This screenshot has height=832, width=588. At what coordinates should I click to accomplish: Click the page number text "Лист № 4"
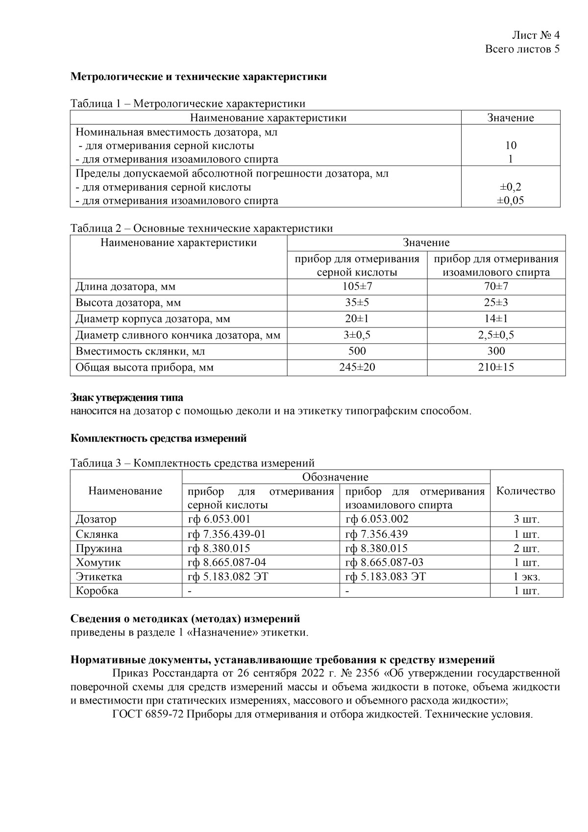pyautogui.click(x=536, y=35)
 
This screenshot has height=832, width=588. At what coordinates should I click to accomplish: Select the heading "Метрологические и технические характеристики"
pyautogui.click(x=198, y=77)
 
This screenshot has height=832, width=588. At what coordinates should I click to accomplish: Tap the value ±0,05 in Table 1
pyautogui.click(x=511, y=201)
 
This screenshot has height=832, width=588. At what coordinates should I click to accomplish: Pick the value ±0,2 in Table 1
pyautogui.click(x=511, y=187)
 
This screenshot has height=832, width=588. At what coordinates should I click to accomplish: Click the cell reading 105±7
pyautogui.click(x=357, y=286)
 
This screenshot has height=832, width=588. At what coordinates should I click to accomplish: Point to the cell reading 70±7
pyautogui.click(x=496, y=286)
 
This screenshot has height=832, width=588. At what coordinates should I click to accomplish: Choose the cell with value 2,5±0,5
pyautogui.click(x=496, y=335)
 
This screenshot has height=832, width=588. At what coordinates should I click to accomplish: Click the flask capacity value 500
pyautogui.click(x=357, y=351)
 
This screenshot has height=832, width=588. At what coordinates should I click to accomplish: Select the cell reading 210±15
pyautogui.click(x=496, y=367)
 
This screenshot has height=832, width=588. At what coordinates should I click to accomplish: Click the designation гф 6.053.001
pyautogui.click(x=219, y=519)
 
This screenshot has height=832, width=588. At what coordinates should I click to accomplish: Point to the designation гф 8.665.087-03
pyautogui.click(x=384, y=562)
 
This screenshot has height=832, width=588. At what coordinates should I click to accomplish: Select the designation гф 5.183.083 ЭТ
pyautogui.click(x=386, y=577)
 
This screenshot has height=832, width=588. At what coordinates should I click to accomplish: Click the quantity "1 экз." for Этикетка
pyautogui.click(x=526, y=577)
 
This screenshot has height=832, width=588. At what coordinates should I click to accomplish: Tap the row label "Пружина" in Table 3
pyautogui.click(x=99, y=549)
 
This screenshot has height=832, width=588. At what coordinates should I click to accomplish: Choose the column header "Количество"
pyautogui.click(x=526, y=491)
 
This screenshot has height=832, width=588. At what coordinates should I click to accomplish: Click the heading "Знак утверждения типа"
pyautogui.click(x=126, y=398)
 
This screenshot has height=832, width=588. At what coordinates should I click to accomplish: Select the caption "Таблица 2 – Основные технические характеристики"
pyautogui.click(x=201, y=228)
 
